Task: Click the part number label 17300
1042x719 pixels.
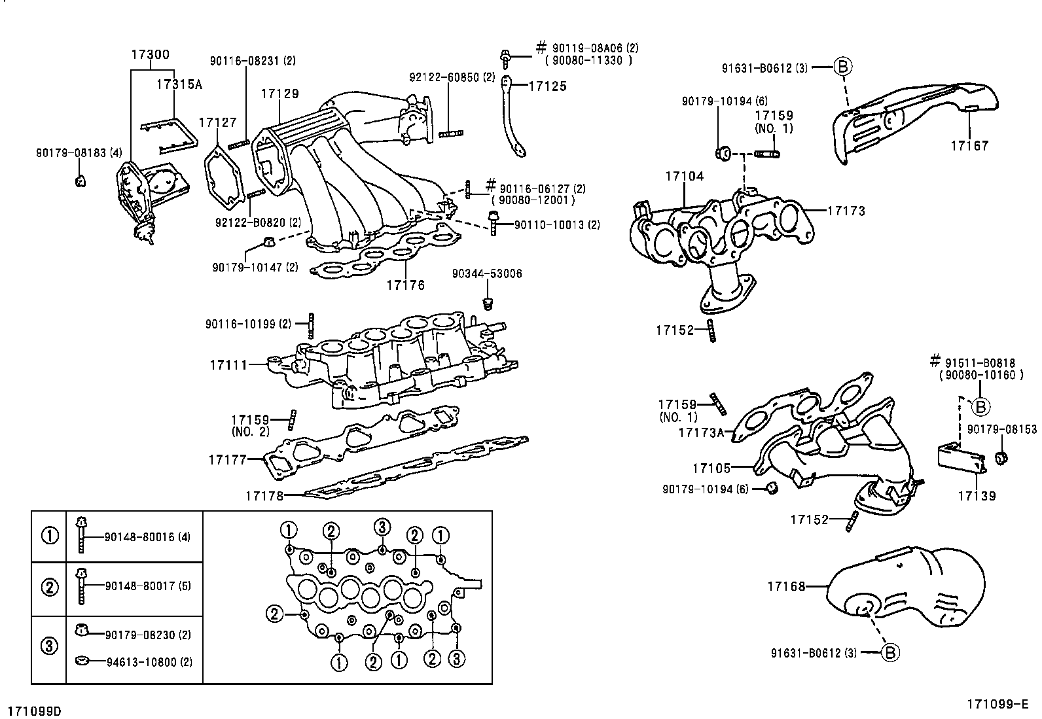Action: tap(150, 55)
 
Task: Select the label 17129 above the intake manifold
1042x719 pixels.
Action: tap(279, 94)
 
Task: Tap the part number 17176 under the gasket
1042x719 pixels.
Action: tap(405, 285)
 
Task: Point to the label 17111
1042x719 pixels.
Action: tap(228, 364)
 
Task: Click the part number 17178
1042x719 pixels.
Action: tap(264, 496)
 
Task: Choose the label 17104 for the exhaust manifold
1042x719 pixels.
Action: tap(685, 177)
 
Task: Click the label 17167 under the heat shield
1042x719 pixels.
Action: tap(969, 146)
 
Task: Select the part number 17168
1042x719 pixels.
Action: tap(787, 587)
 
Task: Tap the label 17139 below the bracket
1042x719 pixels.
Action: tap(977, 496)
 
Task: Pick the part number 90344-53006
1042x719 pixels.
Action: tap(487, 273)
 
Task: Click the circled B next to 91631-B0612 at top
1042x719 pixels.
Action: tap(843, 67)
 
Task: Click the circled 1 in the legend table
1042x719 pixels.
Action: tap(50, 536)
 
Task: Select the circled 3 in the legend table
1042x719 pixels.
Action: tap(50, 647)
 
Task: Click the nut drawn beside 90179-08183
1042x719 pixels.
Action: tap(80, 181)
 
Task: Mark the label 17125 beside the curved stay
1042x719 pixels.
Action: tap(547, 86)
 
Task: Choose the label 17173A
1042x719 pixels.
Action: tap(702, 432)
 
